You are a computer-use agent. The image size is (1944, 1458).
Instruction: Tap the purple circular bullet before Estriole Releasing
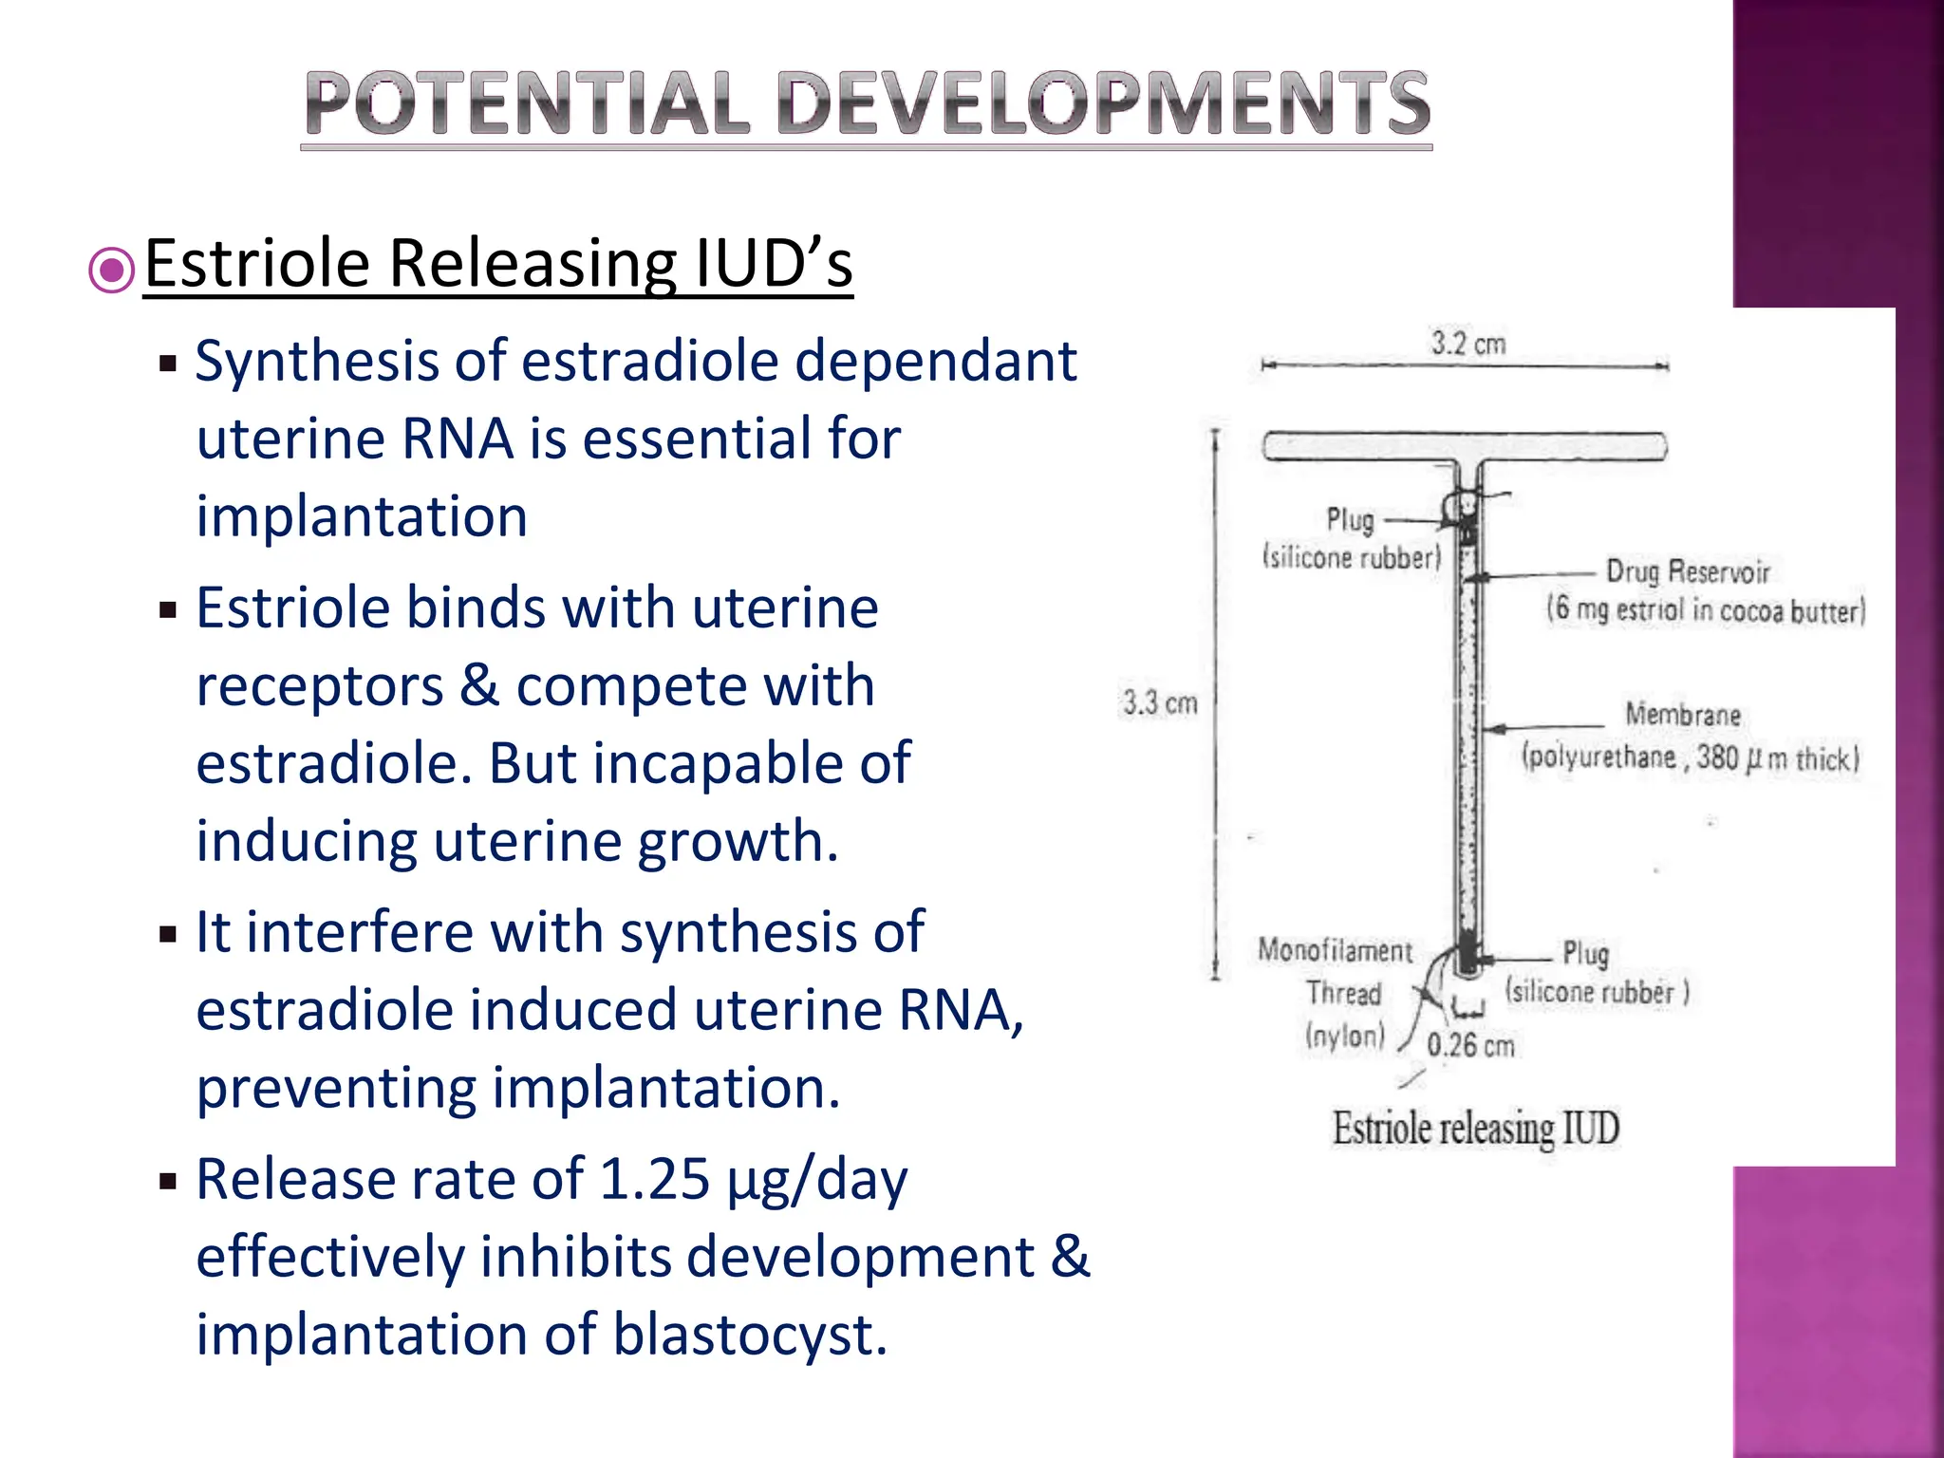coord(112,271)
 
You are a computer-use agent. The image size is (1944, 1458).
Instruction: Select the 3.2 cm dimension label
coord(1467,343)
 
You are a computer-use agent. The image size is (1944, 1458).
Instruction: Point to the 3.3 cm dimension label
coord(1160,703)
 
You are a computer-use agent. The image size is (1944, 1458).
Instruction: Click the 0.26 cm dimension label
coord(1470,1046)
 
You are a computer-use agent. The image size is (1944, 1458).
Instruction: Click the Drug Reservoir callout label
coord(1687,571)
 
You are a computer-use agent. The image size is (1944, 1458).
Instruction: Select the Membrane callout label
coord(1682,714)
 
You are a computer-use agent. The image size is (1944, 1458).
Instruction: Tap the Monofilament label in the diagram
coord(1335,950)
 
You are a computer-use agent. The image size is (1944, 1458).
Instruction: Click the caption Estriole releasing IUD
coord(1475,1129)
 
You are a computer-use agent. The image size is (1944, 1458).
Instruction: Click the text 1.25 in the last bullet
coord(655,1180)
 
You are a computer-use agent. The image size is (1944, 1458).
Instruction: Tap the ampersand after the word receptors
coord(479,686)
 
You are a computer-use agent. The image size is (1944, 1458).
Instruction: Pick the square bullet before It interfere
coord(169,935)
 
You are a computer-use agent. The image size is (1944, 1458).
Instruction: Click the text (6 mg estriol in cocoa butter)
coord(1705,609)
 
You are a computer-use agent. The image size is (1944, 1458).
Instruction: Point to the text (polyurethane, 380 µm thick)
coord(1690,757)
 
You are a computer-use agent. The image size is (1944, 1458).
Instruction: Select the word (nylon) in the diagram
coord(1345,1036)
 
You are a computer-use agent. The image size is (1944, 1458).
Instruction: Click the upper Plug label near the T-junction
coord(1350,519)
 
